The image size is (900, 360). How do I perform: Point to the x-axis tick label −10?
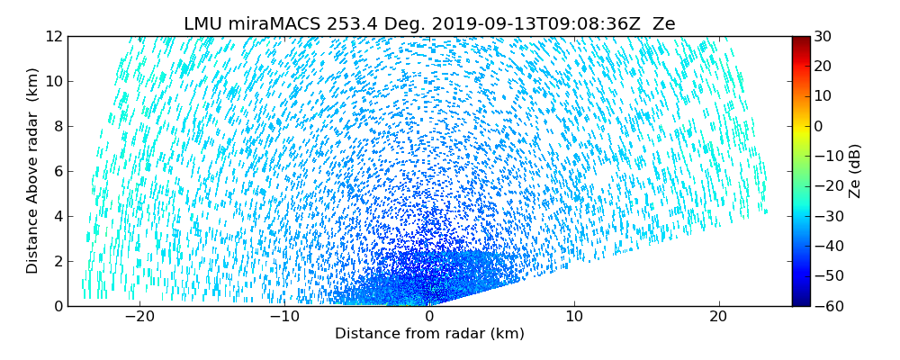(x=283, y=317)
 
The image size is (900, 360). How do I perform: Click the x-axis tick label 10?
(x=574, y=317)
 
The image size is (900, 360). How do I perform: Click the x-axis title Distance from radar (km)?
(x=429, y=334)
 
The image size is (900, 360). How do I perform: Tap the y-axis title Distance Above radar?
(x=32, y=170)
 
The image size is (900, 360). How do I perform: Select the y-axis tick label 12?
(x=54, y=36)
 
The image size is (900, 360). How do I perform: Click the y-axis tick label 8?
(x=58, y=126)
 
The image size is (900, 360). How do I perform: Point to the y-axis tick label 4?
(x=58, y=216)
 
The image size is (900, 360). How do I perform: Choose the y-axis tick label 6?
(x=58, y=171)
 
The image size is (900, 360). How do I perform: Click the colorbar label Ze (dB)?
(x=855, y=171)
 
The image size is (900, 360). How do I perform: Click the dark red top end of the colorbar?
(x=800, y=40)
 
